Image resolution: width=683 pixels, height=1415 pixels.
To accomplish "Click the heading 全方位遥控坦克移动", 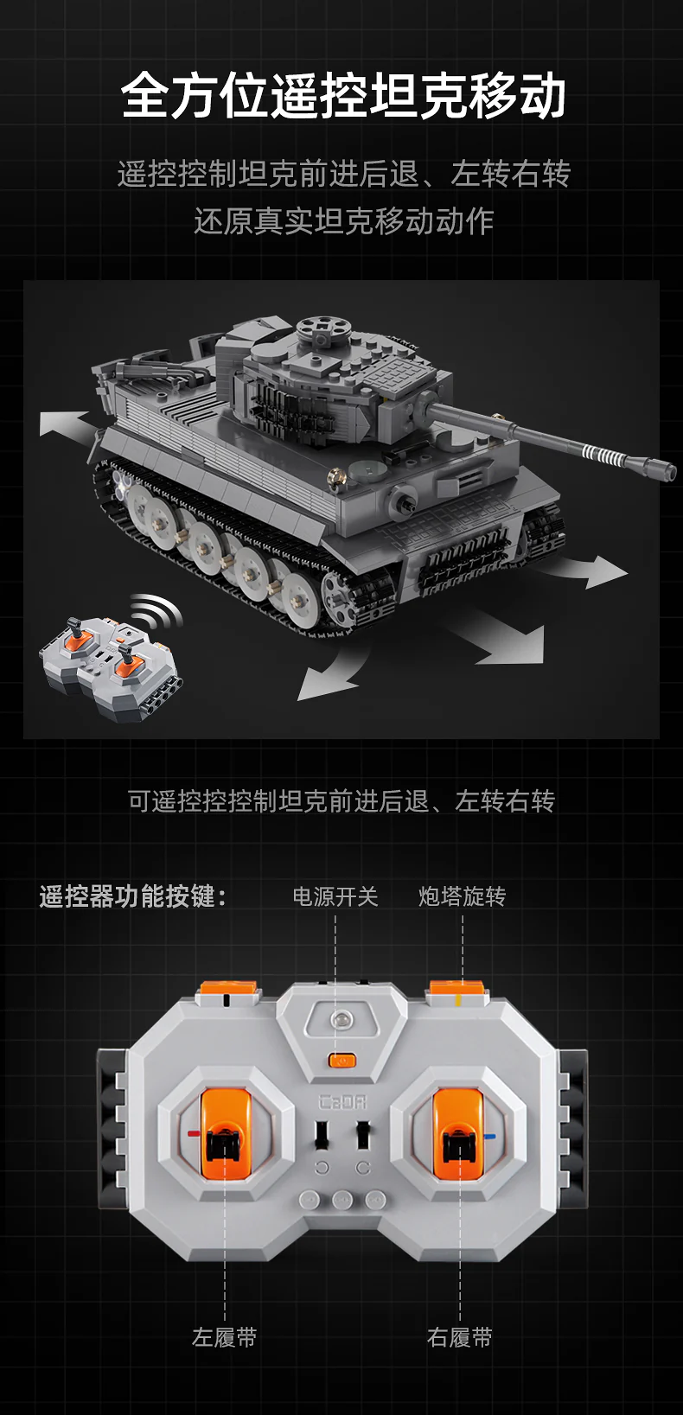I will pyautogui.click(x=343, y=95).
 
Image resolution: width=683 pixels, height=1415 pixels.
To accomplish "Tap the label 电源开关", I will pyautogui.click(x=335, y=896).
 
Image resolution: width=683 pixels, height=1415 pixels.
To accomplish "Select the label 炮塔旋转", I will pyautogui.click(x=463, y=896).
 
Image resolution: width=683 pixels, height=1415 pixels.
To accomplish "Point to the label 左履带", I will pyautogui.click(x=225, y=1337).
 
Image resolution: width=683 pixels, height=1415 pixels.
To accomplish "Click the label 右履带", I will pyautogui.click(x=460, y=1337).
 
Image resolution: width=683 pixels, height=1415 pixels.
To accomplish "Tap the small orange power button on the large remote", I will pyautogui.click(x=342, y=1059).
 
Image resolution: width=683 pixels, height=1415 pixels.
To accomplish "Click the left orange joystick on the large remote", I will pyautogui.click(x=226, y=1133).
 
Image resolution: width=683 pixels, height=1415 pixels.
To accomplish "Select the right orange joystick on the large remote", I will pyautogui.click(x=458, y=1133).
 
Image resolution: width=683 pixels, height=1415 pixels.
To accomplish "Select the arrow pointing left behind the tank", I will pyautogui.click(x=67, y=424).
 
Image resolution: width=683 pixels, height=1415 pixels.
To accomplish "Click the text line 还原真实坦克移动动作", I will pyautogui.click(x=343, y=221).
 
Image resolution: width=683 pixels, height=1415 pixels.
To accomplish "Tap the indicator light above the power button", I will pyautogui.click(x=341, y=1019).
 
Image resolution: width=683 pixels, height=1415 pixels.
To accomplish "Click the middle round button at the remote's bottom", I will pyautogui.click(x=342, y=1200).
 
